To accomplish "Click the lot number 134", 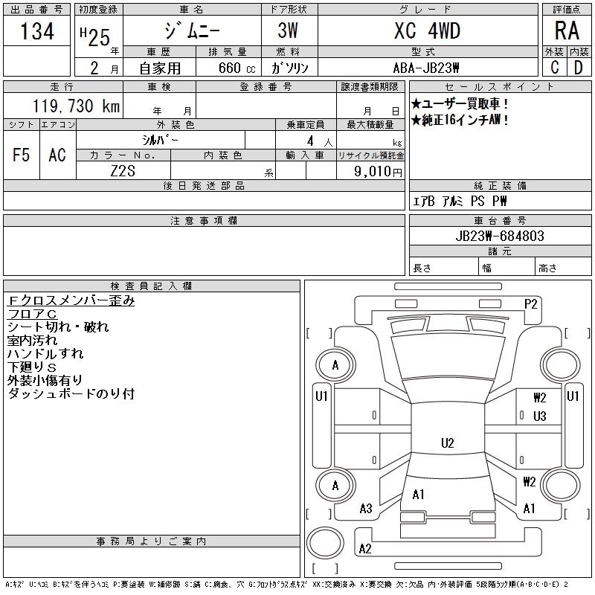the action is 37,32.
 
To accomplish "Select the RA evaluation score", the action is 567,31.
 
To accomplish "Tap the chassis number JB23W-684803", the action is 500,237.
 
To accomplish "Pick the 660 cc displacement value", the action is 228,68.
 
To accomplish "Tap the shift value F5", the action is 22,155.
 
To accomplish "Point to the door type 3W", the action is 289,31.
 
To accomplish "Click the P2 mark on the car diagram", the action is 530,303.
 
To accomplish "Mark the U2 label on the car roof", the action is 447,443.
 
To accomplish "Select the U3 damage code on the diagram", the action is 540,416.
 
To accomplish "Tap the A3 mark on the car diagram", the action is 366,509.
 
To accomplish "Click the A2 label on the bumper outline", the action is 365,549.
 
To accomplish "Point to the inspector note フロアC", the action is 32,314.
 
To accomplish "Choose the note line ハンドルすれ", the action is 45,353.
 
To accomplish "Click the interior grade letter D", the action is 578,68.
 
